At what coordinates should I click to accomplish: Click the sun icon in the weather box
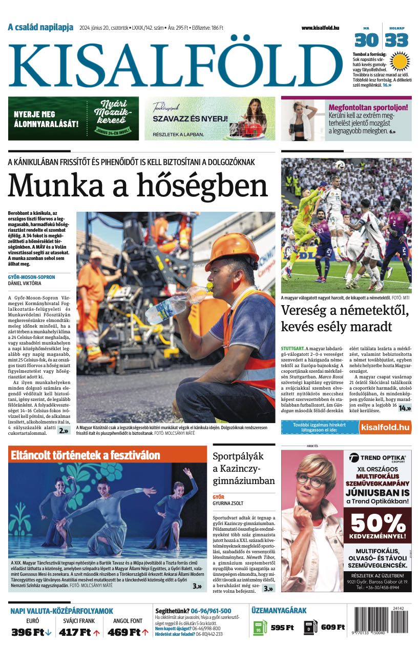[400, 62]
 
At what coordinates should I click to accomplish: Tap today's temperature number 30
[367, 40]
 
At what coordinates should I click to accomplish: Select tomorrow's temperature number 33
[397, 40]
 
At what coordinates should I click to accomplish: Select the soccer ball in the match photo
[340, 165]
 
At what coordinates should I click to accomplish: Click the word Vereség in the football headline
[306, 311]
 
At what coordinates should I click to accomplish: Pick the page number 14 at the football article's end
[405, 408]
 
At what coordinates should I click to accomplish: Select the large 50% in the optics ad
[378, 523]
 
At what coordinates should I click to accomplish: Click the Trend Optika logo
[378, 458]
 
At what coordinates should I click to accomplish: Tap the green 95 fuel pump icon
[260, 628]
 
